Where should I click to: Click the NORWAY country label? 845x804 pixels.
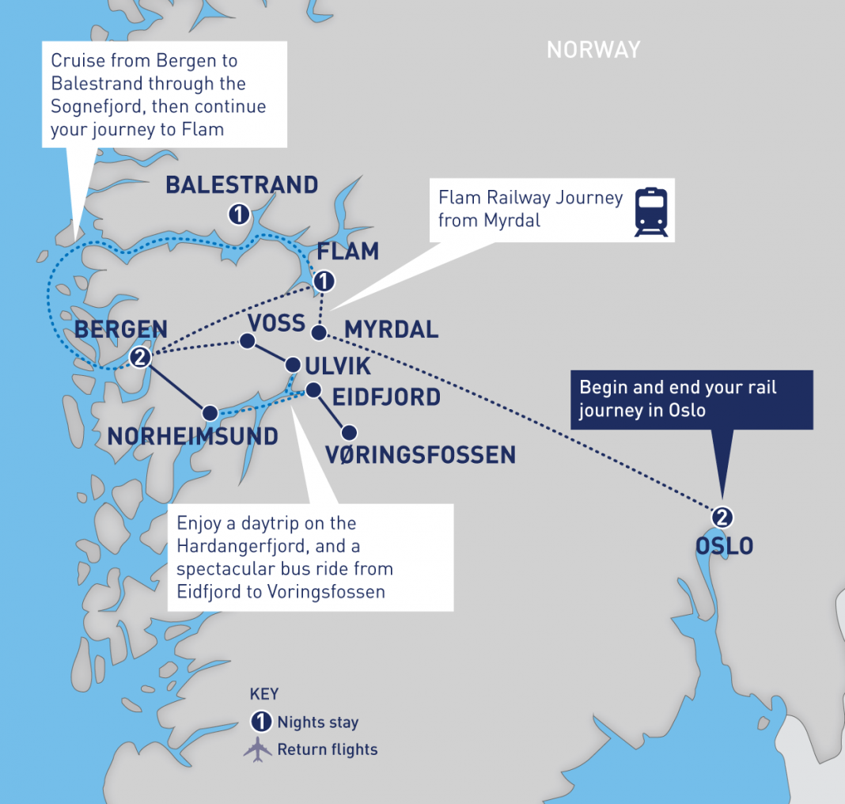click(593, 50)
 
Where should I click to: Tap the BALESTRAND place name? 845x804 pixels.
click(241, 185)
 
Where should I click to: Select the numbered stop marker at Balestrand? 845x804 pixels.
click(238, 214)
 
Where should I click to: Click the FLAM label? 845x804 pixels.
click(347, 252)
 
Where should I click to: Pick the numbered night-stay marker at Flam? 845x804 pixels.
click(323, 282)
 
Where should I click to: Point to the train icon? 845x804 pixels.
click(650, 212)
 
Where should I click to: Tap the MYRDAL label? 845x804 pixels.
click(391, 329)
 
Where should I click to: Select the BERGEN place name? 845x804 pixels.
click(120, 330)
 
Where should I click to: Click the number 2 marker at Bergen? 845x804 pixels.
click(140, 358)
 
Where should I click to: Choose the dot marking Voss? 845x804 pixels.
click(247, 341)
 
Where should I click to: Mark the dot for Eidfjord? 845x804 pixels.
click(313, 389)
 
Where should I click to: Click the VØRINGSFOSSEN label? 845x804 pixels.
click(420, 454)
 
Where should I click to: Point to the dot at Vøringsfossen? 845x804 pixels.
click(348, 433)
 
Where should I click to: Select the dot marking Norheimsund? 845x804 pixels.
click(210, 412)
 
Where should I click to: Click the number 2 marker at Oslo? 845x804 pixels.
click(722, 518)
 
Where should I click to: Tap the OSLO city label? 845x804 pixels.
click(724, 546)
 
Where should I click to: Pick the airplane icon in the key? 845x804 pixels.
click(258, 749)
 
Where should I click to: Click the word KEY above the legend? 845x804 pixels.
click(264, 695)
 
